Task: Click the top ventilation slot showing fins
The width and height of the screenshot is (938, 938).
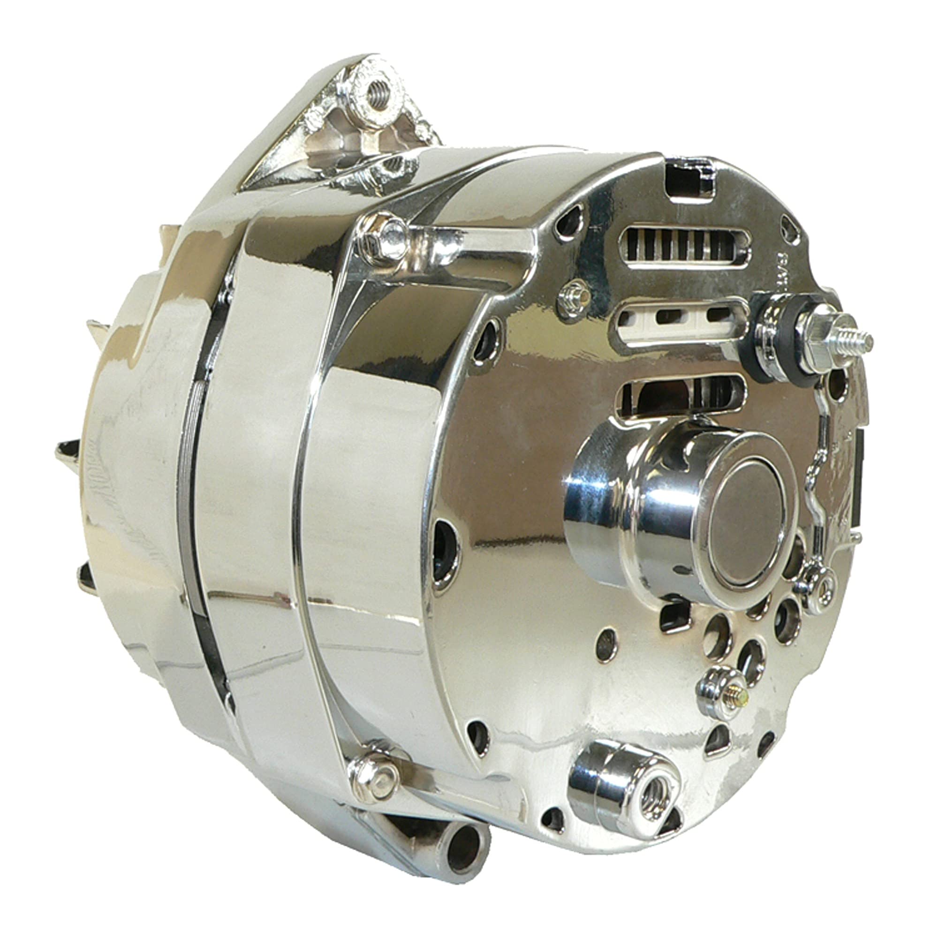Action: [685, 248]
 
